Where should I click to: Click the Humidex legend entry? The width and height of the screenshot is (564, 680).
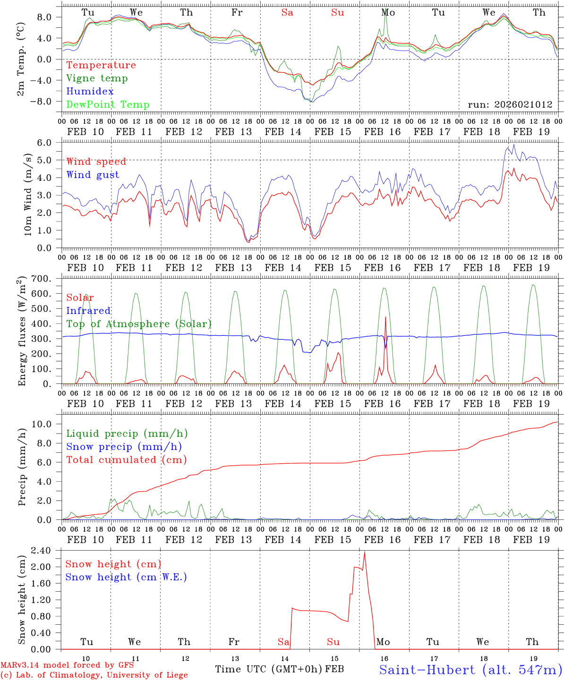[x=90, y=92]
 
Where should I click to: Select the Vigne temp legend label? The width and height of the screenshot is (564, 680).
[x=97, y=78]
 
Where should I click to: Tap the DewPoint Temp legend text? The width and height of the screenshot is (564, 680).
[x=108, y=105]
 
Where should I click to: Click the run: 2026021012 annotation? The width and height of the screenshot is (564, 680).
[x=510, y=105]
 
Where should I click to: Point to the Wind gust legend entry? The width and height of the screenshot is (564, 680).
[x=93, y=175]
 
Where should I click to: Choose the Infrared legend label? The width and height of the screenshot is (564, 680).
[x=88, y=311]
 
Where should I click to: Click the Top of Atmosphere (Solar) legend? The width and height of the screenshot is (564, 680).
[x=138, y=324]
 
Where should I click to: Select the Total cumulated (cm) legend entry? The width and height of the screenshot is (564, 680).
[x=126, y=459]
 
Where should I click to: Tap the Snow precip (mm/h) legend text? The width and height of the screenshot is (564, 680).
[x=124, y=447]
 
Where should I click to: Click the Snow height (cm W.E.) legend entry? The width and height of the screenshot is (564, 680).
[x=126, y=577]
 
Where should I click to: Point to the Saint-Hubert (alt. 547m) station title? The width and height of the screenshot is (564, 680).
[x=470, y=670]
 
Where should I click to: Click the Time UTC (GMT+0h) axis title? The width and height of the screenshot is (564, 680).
[x=269, y=669]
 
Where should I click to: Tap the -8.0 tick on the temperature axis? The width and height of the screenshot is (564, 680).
[x=46, y=102]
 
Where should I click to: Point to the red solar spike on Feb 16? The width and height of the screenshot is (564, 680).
[x=386, y=317]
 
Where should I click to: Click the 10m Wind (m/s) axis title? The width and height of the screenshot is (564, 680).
[x=28, y=195]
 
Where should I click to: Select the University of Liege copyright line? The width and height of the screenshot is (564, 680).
[x=94, y=675]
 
